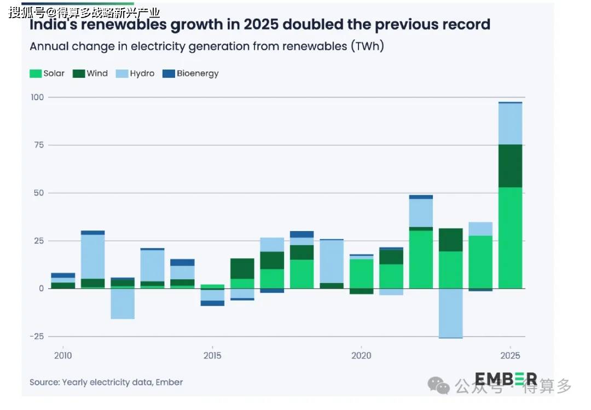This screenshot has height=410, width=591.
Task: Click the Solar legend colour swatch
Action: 36,73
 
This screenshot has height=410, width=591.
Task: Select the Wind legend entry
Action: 90,73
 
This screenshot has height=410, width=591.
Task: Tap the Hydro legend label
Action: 142,73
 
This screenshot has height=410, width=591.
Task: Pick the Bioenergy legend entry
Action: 191,73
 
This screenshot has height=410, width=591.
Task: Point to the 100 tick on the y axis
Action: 37,97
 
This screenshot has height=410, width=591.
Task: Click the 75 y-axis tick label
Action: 39,145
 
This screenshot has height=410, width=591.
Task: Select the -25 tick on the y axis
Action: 37,337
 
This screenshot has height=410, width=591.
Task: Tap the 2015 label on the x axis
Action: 212,355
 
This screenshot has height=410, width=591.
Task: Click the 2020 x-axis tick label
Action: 361,355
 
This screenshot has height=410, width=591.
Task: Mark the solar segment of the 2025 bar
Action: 511,238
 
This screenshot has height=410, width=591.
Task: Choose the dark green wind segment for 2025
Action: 511,166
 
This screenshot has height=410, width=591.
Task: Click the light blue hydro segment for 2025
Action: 511,124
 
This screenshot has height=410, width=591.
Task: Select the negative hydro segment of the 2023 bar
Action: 451,314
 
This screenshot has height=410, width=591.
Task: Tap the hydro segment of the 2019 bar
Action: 332,262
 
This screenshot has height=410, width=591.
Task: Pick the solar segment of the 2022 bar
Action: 421,259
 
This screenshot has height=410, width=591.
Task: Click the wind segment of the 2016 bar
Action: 242,269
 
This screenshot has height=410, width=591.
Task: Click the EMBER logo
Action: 506,379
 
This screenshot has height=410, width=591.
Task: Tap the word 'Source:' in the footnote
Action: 45,382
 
